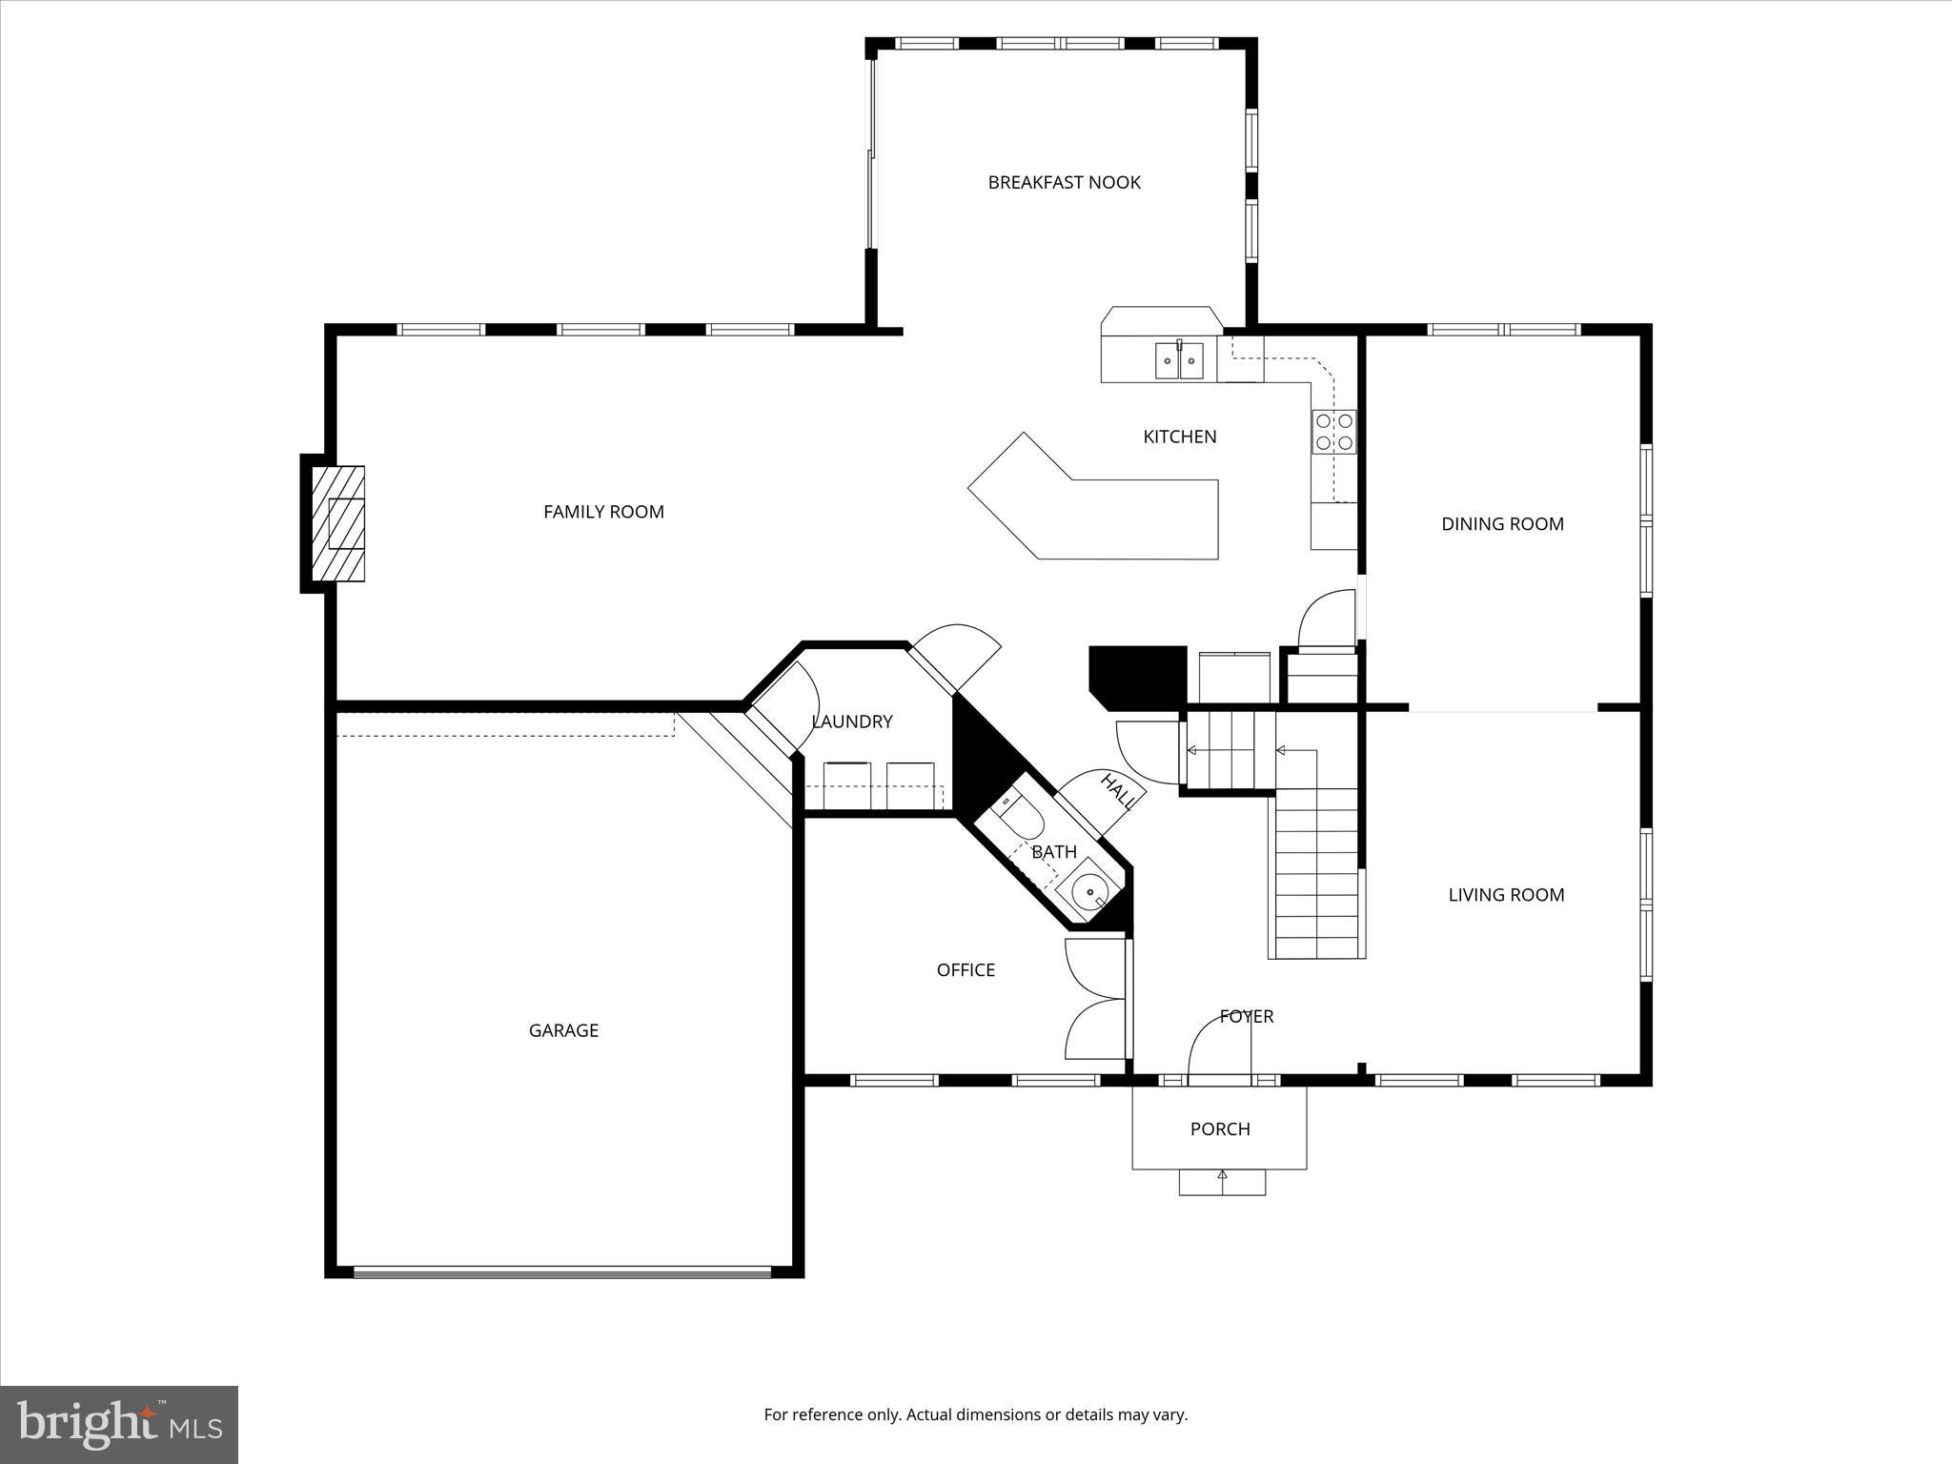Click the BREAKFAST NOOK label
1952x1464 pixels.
coord(1064,182)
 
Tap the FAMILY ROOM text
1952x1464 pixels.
coord(603,512)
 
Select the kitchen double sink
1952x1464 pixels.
coord(1180,360)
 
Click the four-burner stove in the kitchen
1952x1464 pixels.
coord(1333,431)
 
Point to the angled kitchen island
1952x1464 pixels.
coord(1106,515)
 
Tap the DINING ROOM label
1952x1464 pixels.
coord(1502,523)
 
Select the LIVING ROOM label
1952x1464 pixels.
coord(1506,894)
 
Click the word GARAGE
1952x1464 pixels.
coord(563,1030)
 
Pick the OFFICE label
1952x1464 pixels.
coord(966,969)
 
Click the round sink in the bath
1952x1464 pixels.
coord(1089,891)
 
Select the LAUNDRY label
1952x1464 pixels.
coord(852,722)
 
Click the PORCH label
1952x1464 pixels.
coord(1220,1128)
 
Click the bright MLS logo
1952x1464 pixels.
coord(119,1424)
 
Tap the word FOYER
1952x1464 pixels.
coord(1247,1016)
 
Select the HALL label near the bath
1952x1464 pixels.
coord(1118,791)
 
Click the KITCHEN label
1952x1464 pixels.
coord(1180,437)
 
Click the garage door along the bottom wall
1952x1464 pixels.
coord(562,1271)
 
